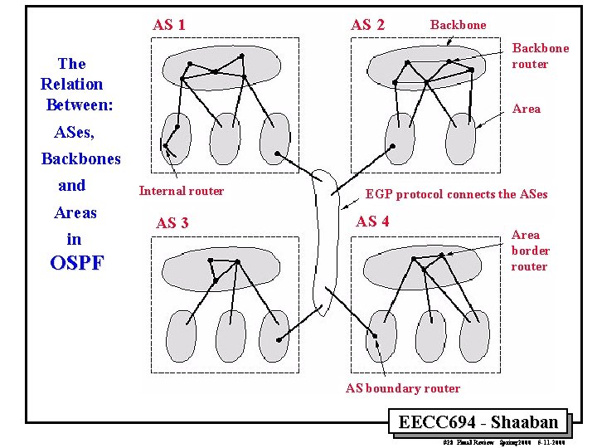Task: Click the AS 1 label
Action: point(168,25)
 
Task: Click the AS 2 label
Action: point(367,25)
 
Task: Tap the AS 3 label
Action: point(172,222)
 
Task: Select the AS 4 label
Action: point(372,221)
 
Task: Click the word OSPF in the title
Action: point(77,264)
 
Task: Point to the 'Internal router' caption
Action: point(181,191)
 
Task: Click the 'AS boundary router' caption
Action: point(402,387)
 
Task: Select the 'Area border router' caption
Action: point(530,251)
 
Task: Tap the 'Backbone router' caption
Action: point(540,56)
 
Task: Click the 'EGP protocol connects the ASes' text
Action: point(456,194)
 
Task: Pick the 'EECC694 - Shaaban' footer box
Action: point(478,421)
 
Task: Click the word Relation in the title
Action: point(72,84)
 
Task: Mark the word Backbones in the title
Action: point(80,158)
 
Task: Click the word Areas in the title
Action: point(75,212)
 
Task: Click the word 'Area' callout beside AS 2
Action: point(527,109)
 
